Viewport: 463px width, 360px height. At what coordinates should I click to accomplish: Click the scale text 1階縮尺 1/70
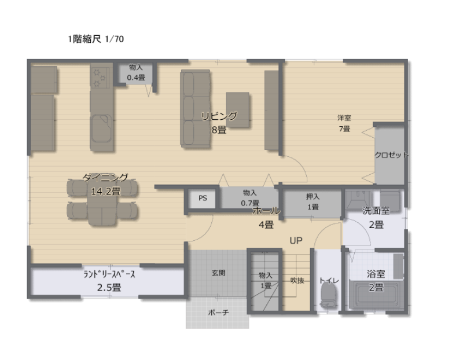[95, 39]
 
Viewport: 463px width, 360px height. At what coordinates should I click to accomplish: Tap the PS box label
[203, 198]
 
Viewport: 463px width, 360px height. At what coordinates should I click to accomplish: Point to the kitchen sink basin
[101, 128]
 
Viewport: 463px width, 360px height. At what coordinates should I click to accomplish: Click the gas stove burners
[99, 78]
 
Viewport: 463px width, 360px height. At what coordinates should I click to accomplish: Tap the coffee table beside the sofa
[238, 109]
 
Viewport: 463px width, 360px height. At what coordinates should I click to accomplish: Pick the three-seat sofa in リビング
[196, 109]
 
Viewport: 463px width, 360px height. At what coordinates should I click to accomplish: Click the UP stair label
[296, 241]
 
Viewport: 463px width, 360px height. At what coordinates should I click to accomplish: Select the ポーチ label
[219, 312]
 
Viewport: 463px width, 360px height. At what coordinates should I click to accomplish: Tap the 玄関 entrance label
[219, 273]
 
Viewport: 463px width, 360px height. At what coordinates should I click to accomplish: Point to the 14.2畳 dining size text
[106, 192]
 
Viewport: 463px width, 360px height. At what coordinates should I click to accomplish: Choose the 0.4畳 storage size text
[136, 78]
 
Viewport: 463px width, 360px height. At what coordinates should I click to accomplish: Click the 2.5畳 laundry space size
[109, 287]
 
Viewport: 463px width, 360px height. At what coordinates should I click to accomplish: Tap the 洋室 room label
[344, 118]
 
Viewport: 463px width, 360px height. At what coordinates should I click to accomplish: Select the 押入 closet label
[313, 196]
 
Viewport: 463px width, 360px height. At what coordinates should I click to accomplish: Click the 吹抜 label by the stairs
[297, 280]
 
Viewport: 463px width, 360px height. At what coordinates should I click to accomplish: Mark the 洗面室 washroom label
[376, 211]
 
